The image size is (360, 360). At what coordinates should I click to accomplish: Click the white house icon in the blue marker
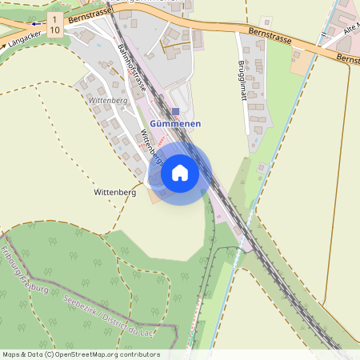click(x=180, y=172)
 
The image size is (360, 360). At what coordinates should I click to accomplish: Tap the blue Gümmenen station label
click(x=175, y=124)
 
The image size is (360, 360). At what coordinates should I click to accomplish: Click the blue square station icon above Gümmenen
click(x=176, y=111)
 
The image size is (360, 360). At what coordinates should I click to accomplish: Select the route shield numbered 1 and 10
click(x=54, y=24)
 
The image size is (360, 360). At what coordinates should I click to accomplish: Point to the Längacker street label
click(x=22, y=36)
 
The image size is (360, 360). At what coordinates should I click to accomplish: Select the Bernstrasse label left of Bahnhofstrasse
click(x=88, y=15)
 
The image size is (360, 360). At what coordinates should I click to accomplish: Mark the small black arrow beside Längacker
click(x=5, y=45)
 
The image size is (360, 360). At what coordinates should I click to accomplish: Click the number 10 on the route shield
click(x=54, y=30)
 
